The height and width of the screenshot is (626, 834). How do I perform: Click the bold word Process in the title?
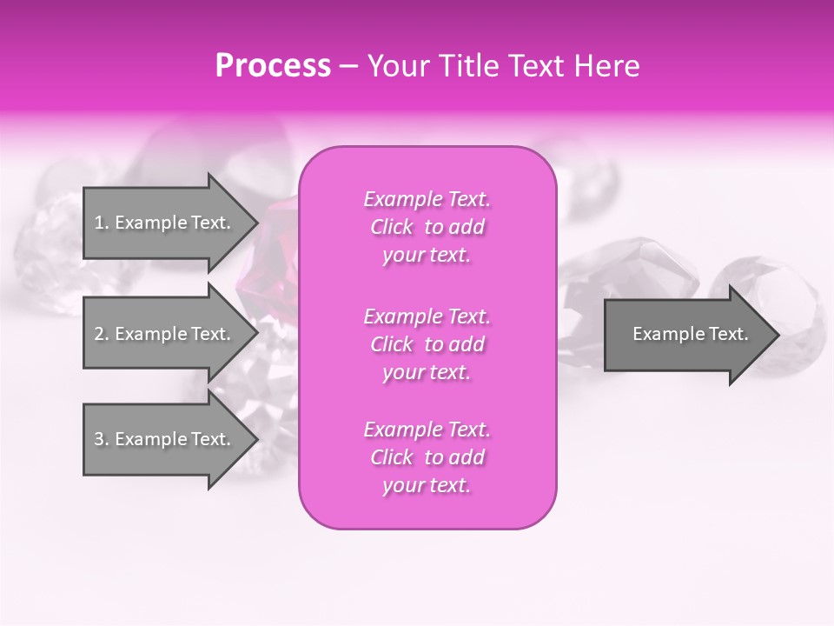tap(273, 66)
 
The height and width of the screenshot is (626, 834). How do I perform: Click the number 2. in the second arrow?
tap(102, 334)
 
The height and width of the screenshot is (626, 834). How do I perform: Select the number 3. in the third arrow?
tap(102, 439)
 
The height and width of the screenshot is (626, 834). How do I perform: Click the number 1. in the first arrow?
tap(102, 223)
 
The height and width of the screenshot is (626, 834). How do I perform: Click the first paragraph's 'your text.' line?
tap(427, 256)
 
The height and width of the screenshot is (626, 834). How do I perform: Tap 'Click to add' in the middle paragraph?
tap(427, 344)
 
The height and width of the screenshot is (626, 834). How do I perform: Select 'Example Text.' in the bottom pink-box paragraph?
tap(427, 430)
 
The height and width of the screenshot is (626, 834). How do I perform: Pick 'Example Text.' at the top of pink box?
tap(427, 199)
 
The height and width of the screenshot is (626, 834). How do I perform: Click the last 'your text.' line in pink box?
tap(427, 486)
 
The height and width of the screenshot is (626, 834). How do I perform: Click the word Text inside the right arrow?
tap(730, 334)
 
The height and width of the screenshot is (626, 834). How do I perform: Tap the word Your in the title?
tap(399, 66)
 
